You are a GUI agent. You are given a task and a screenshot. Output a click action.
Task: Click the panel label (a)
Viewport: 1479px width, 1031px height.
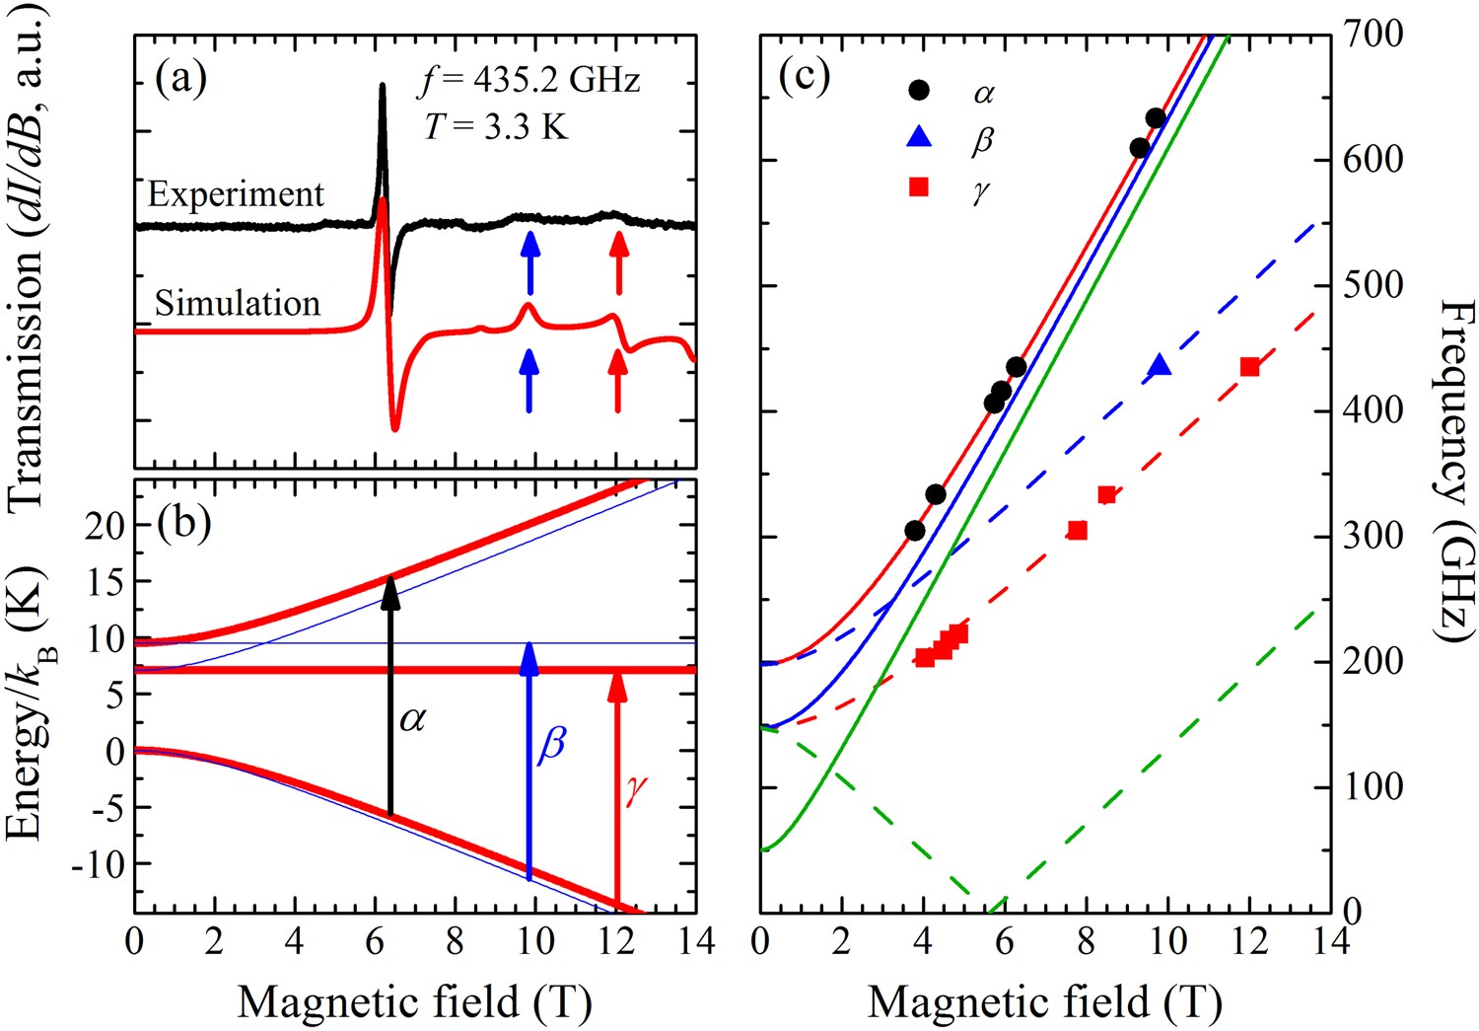[x=181, y=79]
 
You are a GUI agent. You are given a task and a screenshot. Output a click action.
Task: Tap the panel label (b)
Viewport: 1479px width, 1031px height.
[x=184, y=522]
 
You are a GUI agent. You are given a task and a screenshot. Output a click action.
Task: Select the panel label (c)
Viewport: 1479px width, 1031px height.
[x=804, y=76]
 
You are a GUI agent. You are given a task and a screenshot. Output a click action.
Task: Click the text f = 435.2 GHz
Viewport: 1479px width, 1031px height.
[x=528, y=79]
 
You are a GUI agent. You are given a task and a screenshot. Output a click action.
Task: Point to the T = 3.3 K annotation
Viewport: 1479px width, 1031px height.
[x=496, y=125]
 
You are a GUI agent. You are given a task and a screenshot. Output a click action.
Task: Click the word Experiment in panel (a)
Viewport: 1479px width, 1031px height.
[x=236, y=194]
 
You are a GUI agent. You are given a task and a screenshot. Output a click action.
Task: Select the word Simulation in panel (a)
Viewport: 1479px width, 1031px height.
[x=238, y=303]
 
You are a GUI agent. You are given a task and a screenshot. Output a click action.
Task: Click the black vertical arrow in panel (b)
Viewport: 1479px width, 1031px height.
[x=390, y=696]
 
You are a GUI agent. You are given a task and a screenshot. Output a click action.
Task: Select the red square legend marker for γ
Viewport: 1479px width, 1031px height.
[x=919, y=185]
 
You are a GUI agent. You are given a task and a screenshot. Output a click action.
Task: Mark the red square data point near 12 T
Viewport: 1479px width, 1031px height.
[x=1249, y=367]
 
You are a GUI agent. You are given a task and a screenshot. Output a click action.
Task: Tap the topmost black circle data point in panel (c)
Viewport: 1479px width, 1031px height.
[x=1156, y=118]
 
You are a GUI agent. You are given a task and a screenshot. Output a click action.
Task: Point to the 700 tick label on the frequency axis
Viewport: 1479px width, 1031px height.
[x=1374, y=36]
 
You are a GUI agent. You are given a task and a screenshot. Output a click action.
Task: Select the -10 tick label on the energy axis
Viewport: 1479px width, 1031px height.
[x=98, y=864]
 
